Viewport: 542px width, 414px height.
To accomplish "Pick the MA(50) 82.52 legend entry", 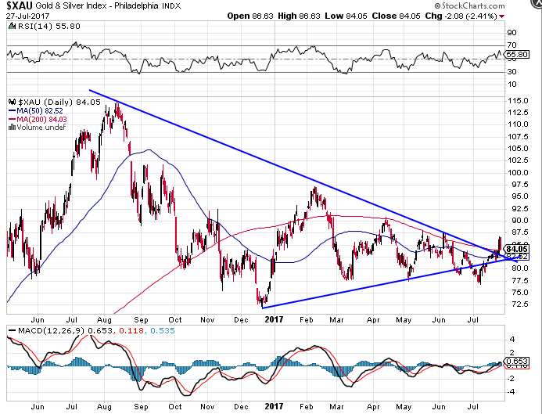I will click(41, 112).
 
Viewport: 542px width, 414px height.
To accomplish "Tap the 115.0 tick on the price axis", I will click(516, 101).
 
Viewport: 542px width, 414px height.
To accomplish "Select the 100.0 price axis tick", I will click(516, 173).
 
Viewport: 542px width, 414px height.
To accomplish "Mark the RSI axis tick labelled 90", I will click(511, 33).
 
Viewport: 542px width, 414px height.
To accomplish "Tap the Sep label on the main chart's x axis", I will click(141, 319).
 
